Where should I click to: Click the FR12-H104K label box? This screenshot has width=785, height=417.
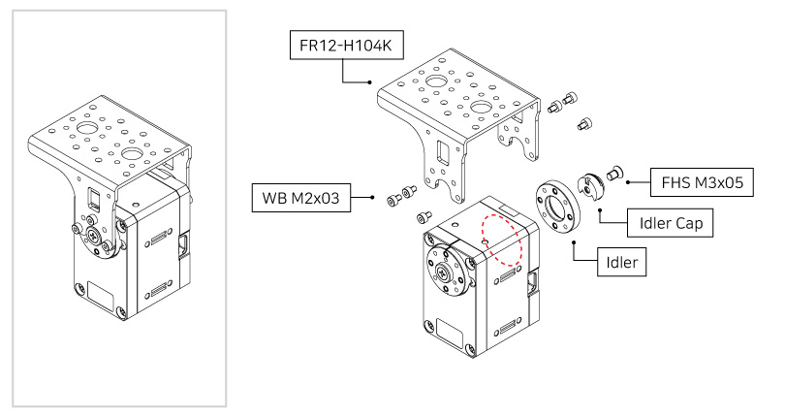(345, 46)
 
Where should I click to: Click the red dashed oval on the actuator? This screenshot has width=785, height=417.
(502, 240)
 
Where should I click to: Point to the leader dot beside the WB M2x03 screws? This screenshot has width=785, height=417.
(374, 197)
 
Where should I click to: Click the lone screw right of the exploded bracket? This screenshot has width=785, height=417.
(584, 123)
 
